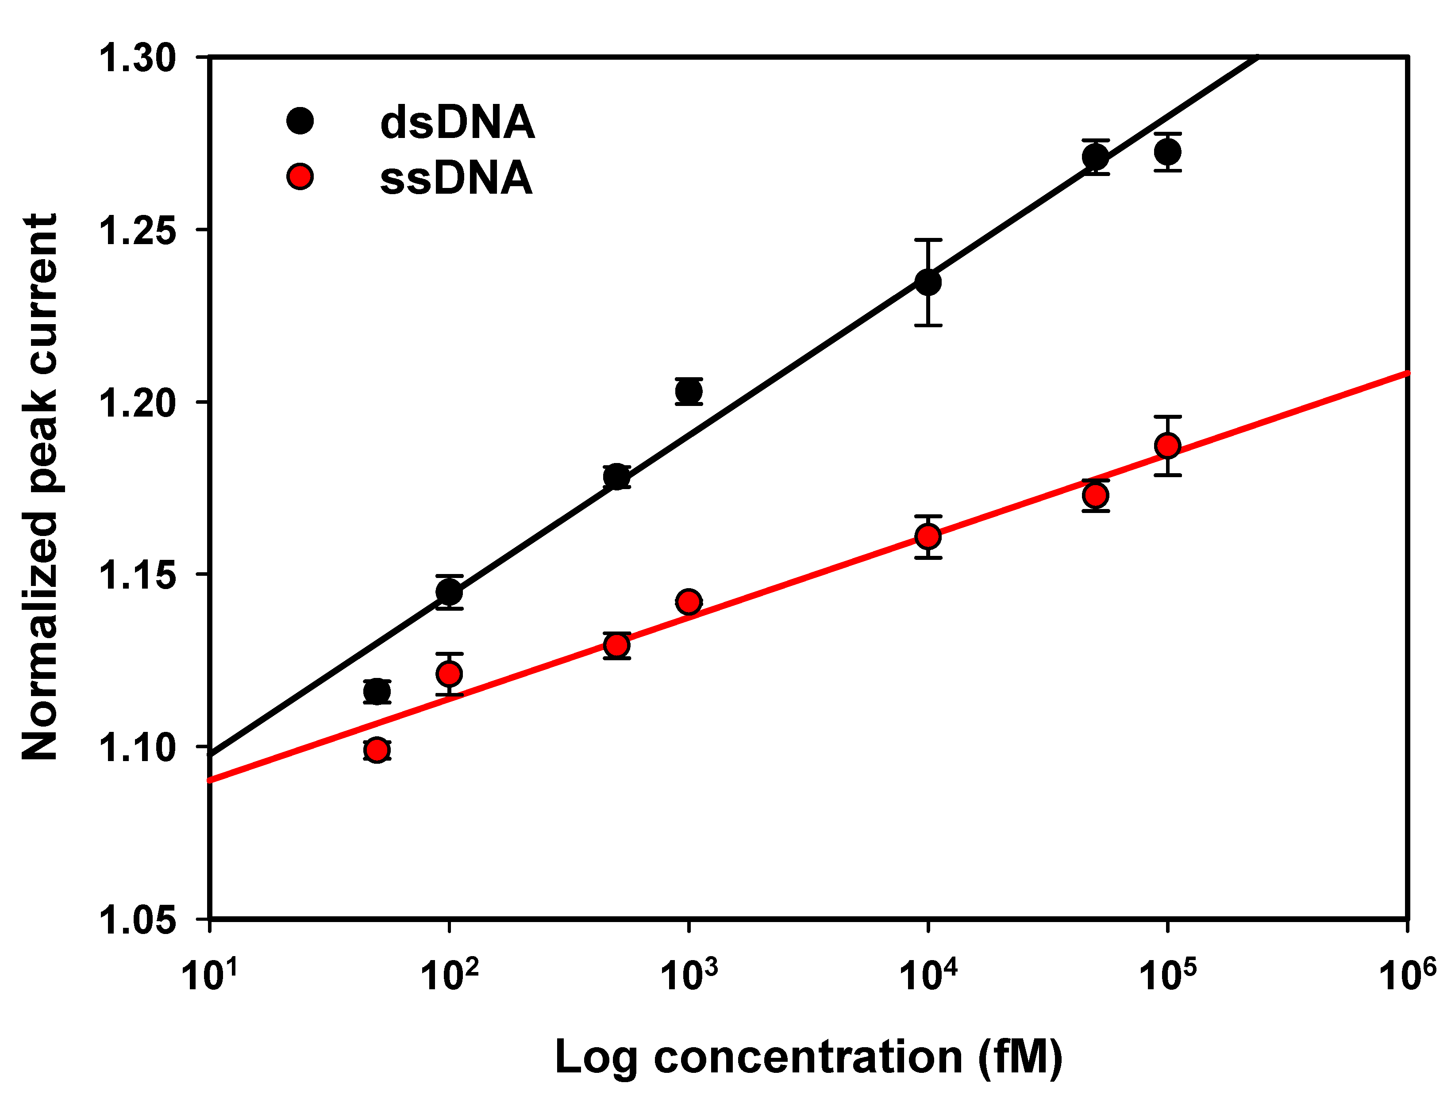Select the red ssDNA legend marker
tap(300, 176)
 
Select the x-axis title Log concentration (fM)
tap(808, 1057)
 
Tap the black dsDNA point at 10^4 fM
tap(928, 282)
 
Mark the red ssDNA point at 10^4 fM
tap(928, 536)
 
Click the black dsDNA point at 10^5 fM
tap(1167, 152)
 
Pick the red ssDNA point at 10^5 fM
tap(1167, 446)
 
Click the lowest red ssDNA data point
tap(377, 750)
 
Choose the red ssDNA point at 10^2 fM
tap(449, 674)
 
